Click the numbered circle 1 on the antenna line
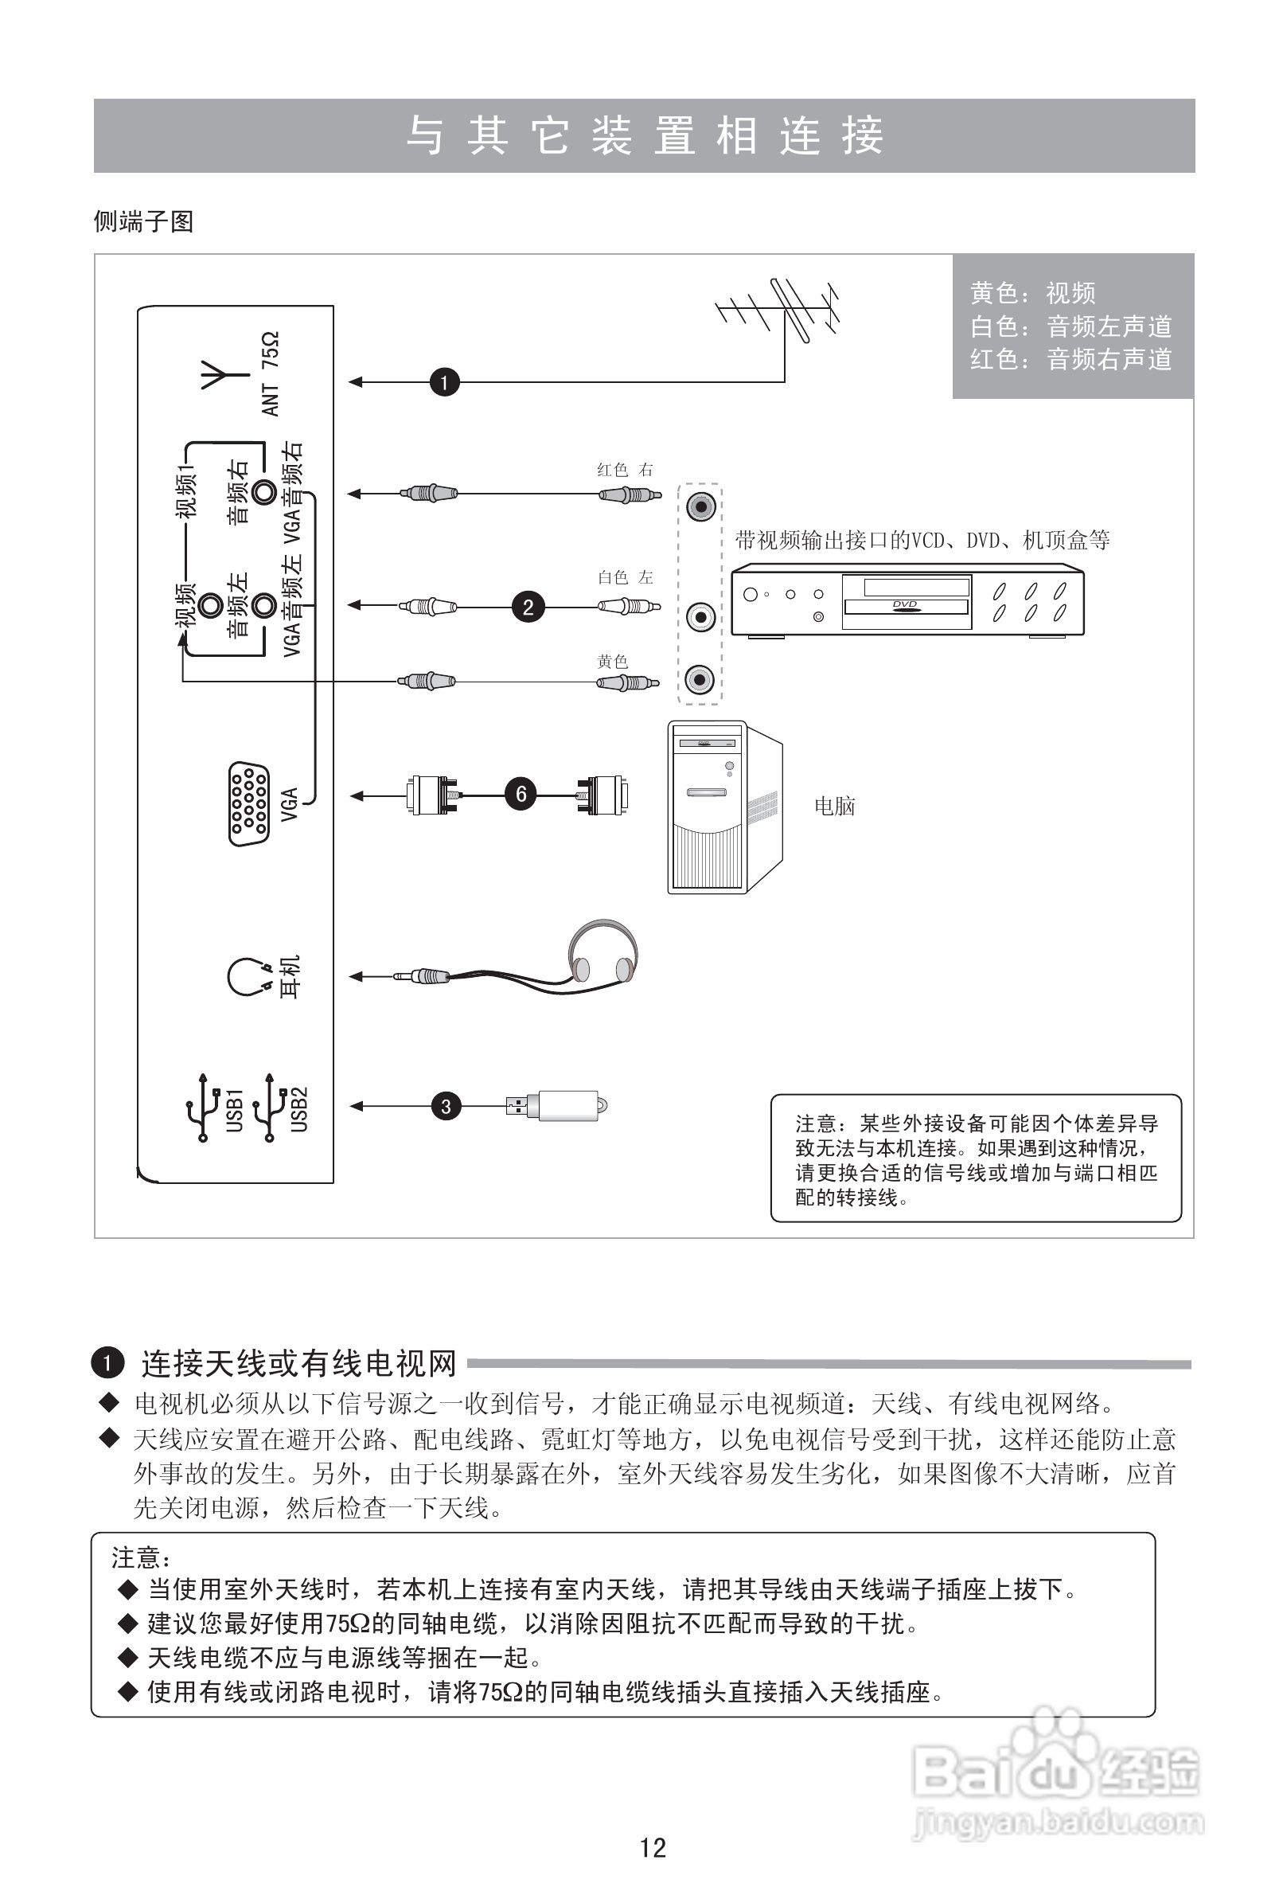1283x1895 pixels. tap(444, 381)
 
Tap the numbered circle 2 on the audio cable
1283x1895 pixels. tap(528, 607)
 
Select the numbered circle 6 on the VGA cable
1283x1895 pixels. tap(521, 793)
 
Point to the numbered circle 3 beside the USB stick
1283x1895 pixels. tap(446, 1107)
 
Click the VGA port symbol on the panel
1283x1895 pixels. tap(248, 804)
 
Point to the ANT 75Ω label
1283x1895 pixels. tap(271, 373)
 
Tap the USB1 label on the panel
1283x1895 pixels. tap(235, 1110)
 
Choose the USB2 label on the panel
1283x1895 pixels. tap(300, 1109)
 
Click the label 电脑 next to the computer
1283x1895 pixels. tap(835, 807)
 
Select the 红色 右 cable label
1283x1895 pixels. tap(624, 470)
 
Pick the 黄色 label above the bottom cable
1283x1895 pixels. tap(612, 662)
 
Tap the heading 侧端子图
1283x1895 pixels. tap(143, 222)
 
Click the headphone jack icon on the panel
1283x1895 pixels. tap(248, 976)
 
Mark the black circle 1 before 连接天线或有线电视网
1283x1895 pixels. tap(107, 1362)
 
